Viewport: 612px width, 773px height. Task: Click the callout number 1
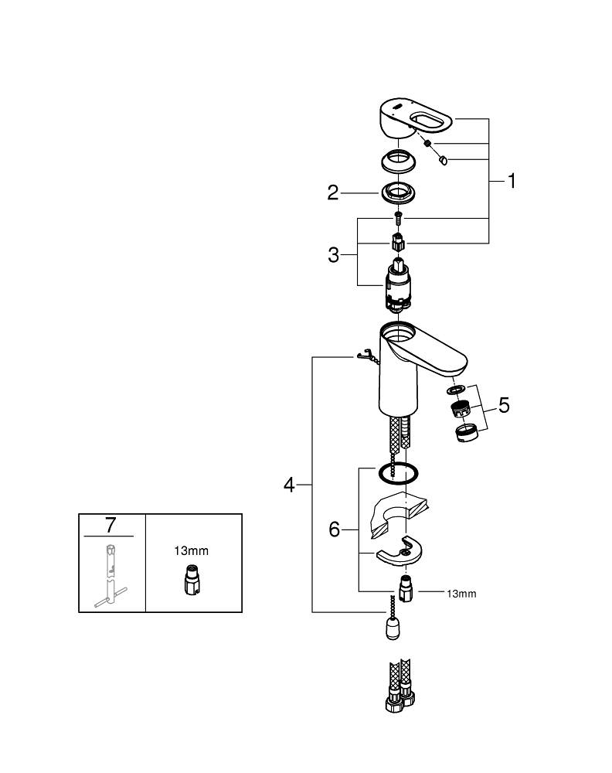coord(511,182)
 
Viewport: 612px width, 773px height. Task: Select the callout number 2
coord(333,192)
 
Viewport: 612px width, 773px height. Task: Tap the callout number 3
coord(333,254)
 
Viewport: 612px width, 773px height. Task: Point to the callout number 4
coord(289,485)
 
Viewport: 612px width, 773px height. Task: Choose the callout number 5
coord(504,405)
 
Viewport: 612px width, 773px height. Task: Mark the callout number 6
coord(335,530)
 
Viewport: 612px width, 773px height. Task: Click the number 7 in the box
coord(110,526)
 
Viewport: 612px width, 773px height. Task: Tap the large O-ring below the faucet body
coord(398,473)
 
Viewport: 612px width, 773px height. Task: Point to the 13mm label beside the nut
coord(461,594)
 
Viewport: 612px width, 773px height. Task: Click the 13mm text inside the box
coord(191,551)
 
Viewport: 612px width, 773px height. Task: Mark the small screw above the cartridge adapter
coord(398,217)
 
